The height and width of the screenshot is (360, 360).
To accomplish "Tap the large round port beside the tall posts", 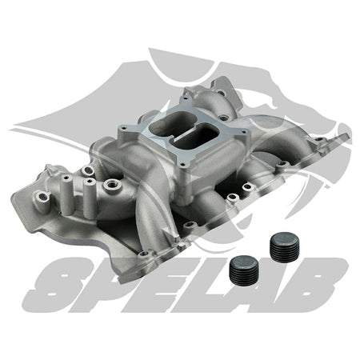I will pyautogui.click(x=107, y=186).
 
